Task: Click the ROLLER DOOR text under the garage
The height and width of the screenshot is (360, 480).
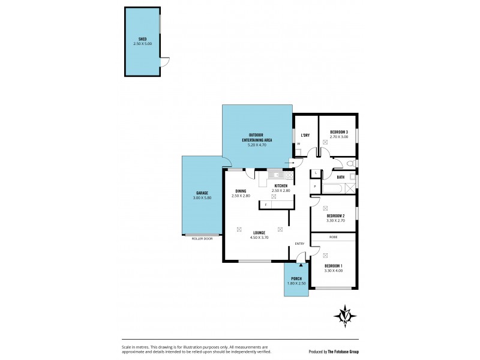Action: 202,238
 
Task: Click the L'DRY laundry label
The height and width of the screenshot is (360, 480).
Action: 304,135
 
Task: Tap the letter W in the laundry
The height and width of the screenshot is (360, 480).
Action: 298,144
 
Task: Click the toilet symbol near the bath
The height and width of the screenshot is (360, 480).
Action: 352,163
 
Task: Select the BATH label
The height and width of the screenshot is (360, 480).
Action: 340,177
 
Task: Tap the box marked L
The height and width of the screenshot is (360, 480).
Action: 316,173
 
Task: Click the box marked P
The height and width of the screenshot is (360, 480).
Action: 316,187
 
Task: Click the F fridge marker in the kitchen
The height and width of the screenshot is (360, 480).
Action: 266,205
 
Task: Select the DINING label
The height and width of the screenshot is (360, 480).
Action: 241,191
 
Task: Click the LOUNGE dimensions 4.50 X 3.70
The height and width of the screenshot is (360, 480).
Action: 259,238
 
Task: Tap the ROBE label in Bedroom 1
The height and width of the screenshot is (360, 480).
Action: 333,237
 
